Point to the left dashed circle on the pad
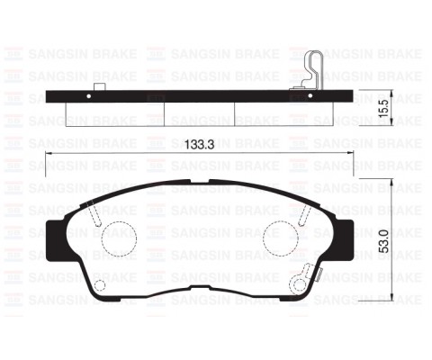(x=118, y=240)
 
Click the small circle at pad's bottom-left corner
(x=101, y=287)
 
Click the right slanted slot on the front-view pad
(x=302, y=213)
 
